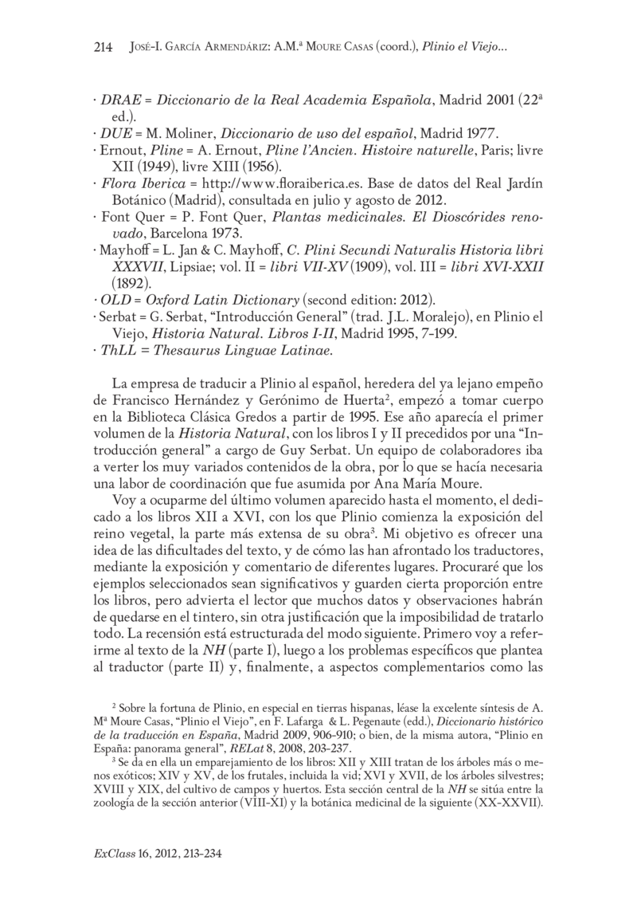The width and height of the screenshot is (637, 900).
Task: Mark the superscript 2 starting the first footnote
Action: (x=115, y=704)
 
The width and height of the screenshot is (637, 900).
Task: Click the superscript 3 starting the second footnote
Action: (x=115, y=760)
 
